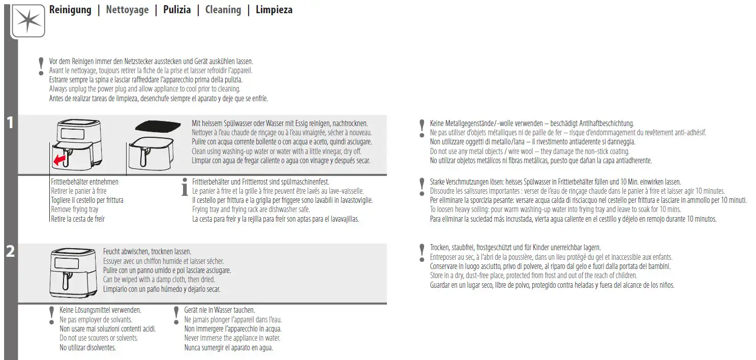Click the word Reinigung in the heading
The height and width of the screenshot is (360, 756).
(x=70, y=10)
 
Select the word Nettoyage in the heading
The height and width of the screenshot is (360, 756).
(x=127, y=10)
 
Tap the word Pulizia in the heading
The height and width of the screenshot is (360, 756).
(x=177, y=10)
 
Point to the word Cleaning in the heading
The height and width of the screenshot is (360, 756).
(x=223, y=10)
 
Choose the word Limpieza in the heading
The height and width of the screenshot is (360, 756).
(x=274, y=10)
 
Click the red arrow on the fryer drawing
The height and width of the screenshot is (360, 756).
(x=60, y=161)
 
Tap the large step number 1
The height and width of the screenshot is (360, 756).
(x=10, y=123)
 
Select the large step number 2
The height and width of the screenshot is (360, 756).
(x=10, y=251)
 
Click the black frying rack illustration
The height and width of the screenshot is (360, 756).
(x=158, y=125)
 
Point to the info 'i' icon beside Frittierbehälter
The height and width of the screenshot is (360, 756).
(x=185, y=187)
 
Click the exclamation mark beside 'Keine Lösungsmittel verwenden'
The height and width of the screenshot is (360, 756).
(x=51, y=315)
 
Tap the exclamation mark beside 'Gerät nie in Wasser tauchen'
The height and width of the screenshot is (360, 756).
(x=176, y=315)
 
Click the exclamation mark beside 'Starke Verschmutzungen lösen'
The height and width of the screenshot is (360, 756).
(x=421, y=187)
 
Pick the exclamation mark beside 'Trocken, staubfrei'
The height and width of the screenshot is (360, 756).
(x=421, y=252)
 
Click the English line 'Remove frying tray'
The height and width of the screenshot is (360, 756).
(x=75, y=209)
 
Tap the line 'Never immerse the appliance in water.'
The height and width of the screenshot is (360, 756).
(x=232, y=338)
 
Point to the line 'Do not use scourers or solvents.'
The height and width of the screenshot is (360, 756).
(x=99, y=338)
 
